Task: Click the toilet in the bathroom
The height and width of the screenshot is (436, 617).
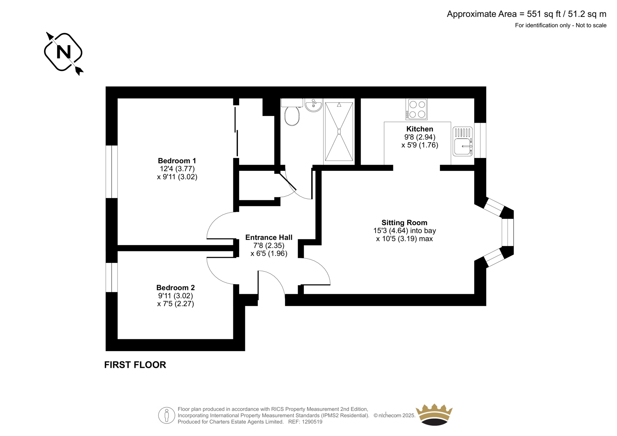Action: [292, 112]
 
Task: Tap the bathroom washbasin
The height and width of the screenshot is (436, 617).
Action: [314, 105]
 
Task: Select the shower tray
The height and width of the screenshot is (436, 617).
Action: [339, 131]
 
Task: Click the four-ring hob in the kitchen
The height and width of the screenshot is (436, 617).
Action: [416, 109]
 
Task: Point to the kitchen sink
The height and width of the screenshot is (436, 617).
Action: [463, 141]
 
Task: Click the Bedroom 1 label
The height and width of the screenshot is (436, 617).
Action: [177, 161]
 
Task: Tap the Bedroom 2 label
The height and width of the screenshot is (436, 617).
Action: [175, 288]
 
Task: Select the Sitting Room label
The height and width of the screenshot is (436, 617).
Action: [405, 222]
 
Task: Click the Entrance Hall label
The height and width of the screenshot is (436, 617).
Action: [269, 237]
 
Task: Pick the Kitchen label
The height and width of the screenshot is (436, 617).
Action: [420, 129]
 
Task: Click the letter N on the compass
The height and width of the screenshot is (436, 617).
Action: [64, 52]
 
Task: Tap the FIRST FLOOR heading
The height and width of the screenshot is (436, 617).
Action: [135, 365]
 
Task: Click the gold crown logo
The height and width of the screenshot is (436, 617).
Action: [434, 415]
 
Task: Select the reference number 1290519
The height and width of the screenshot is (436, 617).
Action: [312, 422]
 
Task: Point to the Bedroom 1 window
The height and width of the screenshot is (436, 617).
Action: [111, 172]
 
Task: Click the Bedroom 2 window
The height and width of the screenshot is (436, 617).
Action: [111, 277]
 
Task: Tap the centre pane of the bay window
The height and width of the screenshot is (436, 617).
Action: [507, 232]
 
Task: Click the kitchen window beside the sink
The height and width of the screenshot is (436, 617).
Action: [480, 140]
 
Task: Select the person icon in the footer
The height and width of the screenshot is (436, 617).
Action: [166, 415]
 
